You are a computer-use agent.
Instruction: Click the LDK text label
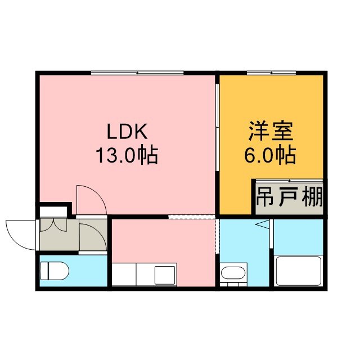click(x=127, y=132)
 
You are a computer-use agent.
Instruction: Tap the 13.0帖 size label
click(x=127, y=155)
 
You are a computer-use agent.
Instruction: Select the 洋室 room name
click(x=271, y=132)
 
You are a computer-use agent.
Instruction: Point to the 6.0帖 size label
click(x=270, y=155)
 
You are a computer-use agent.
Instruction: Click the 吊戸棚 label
click(x=289, y=197)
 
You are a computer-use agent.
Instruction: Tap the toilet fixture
click(x=55, y=271)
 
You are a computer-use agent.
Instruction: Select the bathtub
click(x=299, y=271)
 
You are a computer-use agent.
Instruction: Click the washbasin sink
click(x=233, y=273)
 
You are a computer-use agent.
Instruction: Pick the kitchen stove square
click(x=165, y=275)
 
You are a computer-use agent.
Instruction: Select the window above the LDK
click(x=137, y=73)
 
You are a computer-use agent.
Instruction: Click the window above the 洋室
click(x=271, y=73)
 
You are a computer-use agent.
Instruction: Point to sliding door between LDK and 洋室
click(x=217, y=127)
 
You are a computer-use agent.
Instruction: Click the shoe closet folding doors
click(x=53, y=225)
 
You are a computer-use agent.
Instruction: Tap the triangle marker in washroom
click(x=262, y=224)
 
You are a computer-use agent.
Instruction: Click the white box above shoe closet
click(x=53, y=211)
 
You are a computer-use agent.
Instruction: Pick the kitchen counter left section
click(x=124, y=274)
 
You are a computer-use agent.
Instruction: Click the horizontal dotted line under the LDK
click(x=192, y=217)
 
